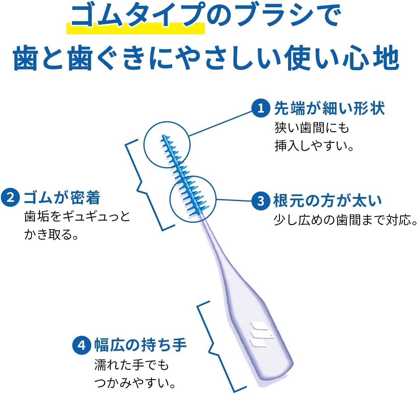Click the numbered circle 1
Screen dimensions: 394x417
click(261, 108)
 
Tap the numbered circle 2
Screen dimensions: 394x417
click(11, 198)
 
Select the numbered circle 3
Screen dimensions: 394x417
click(261, 201)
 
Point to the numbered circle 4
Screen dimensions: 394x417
click(82, 345)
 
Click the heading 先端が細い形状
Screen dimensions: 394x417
click(329, 108)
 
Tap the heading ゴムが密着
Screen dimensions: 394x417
click(62, 198)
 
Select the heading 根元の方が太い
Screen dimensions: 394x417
click(328, 201)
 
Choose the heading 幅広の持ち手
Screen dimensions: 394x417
click(140, 345)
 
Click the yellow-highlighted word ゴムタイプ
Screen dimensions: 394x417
click(136, 17)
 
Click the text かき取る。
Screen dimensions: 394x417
click(51, 234)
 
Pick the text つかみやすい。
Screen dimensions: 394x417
click(135, 383)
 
